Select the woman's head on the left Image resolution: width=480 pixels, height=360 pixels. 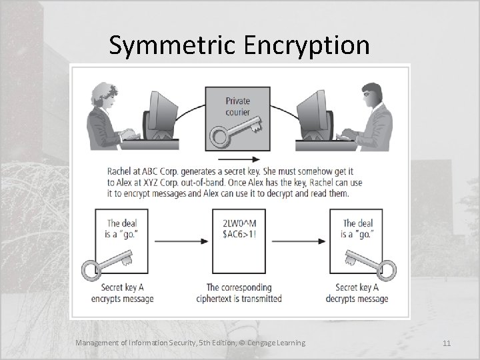click(x=107, y=95)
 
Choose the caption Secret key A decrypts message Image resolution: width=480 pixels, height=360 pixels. click(x=357, y=293)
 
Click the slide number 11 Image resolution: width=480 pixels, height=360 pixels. click(x=447, y=343)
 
